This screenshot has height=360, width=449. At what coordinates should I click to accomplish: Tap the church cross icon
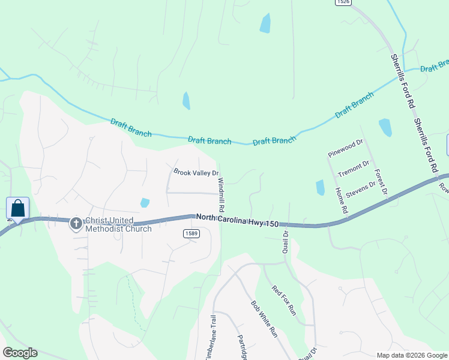pyautogui.click(x=76, y=224)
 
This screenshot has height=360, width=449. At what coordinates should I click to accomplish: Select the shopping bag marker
pyautogui.click(x=18, y=209)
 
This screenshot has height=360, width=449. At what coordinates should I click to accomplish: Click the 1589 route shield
pyautogui.click(x=191, y=233)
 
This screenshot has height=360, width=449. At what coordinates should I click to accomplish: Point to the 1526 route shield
pyautogui.click(x=343, y=2)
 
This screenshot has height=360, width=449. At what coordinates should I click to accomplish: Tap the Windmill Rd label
pyautogui.click(x=221, y=194)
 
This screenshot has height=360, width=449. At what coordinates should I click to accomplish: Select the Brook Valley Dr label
pyautogui.click(x=196, y=172)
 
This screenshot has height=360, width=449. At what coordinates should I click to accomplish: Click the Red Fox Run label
pyautogui.click(x=284, y=300)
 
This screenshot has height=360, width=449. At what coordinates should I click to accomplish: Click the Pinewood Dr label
pyautogui.click(x=346, y=148)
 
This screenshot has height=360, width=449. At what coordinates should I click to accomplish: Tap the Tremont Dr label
pyautogui.click(x=353, y=166)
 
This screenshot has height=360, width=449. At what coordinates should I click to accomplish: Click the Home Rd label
pyautogui.click(x=341, y=201)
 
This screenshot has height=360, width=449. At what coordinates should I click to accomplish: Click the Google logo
pyautogui.click(x=20, y=352)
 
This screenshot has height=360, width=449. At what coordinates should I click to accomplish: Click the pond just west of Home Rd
pyautogui.click(x=320, y=188)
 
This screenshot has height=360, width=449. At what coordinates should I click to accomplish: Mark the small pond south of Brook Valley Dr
pyautogui.click(x=145, y=203)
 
